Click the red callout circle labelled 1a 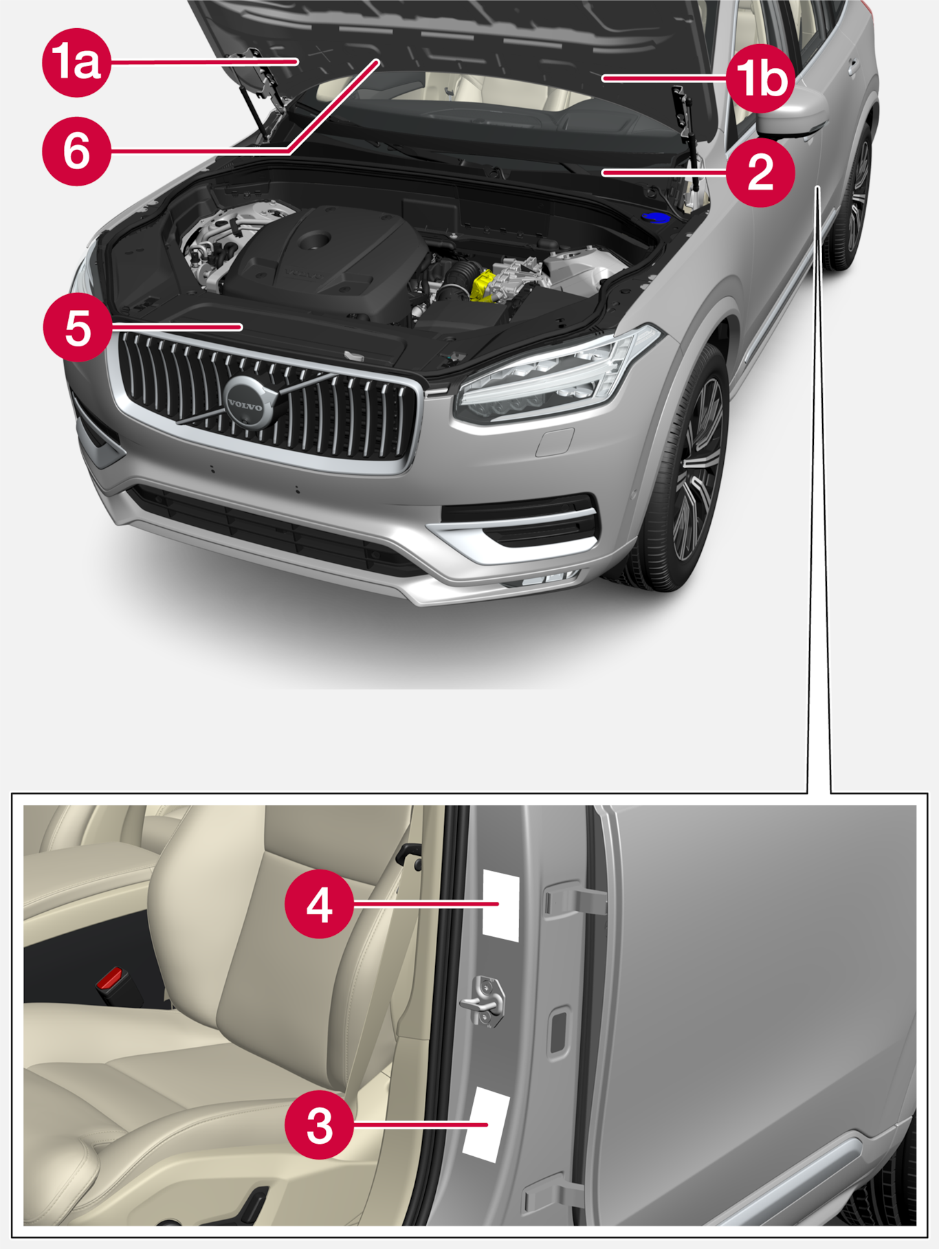pos(76,63)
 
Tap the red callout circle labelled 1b pos(760,78)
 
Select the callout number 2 pos(760,172)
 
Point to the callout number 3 pos(320,1125)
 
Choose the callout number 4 pos(320,904)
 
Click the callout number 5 pos(77,327)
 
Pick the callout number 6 pos(76,151)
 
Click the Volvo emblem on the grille pos(246,404)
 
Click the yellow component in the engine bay pos(484,286)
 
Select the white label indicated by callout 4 pos(501,905)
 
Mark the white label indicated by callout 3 pos(486,1125)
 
